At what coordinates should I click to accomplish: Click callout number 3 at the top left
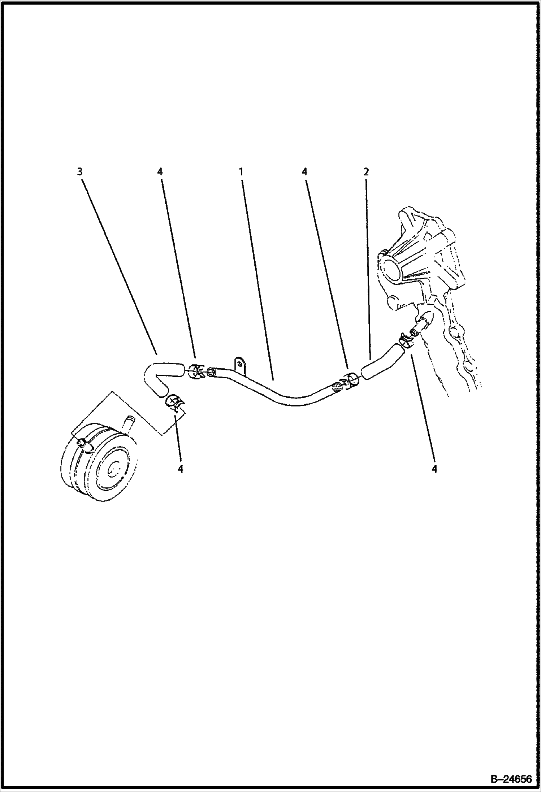pos(80,172)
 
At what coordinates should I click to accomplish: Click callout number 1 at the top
pos(240,172)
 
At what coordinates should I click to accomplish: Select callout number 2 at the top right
pos(366,172)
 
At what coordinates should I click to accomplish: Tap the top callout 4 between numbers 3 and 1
pos(160,172)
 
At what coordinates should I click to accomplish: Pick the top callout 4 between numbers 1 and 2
pos(305,172)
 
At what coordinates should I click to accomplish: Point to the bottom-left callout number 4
pos(181,469)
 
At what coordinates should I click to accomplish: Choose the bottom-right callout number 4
pos(434,469)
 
